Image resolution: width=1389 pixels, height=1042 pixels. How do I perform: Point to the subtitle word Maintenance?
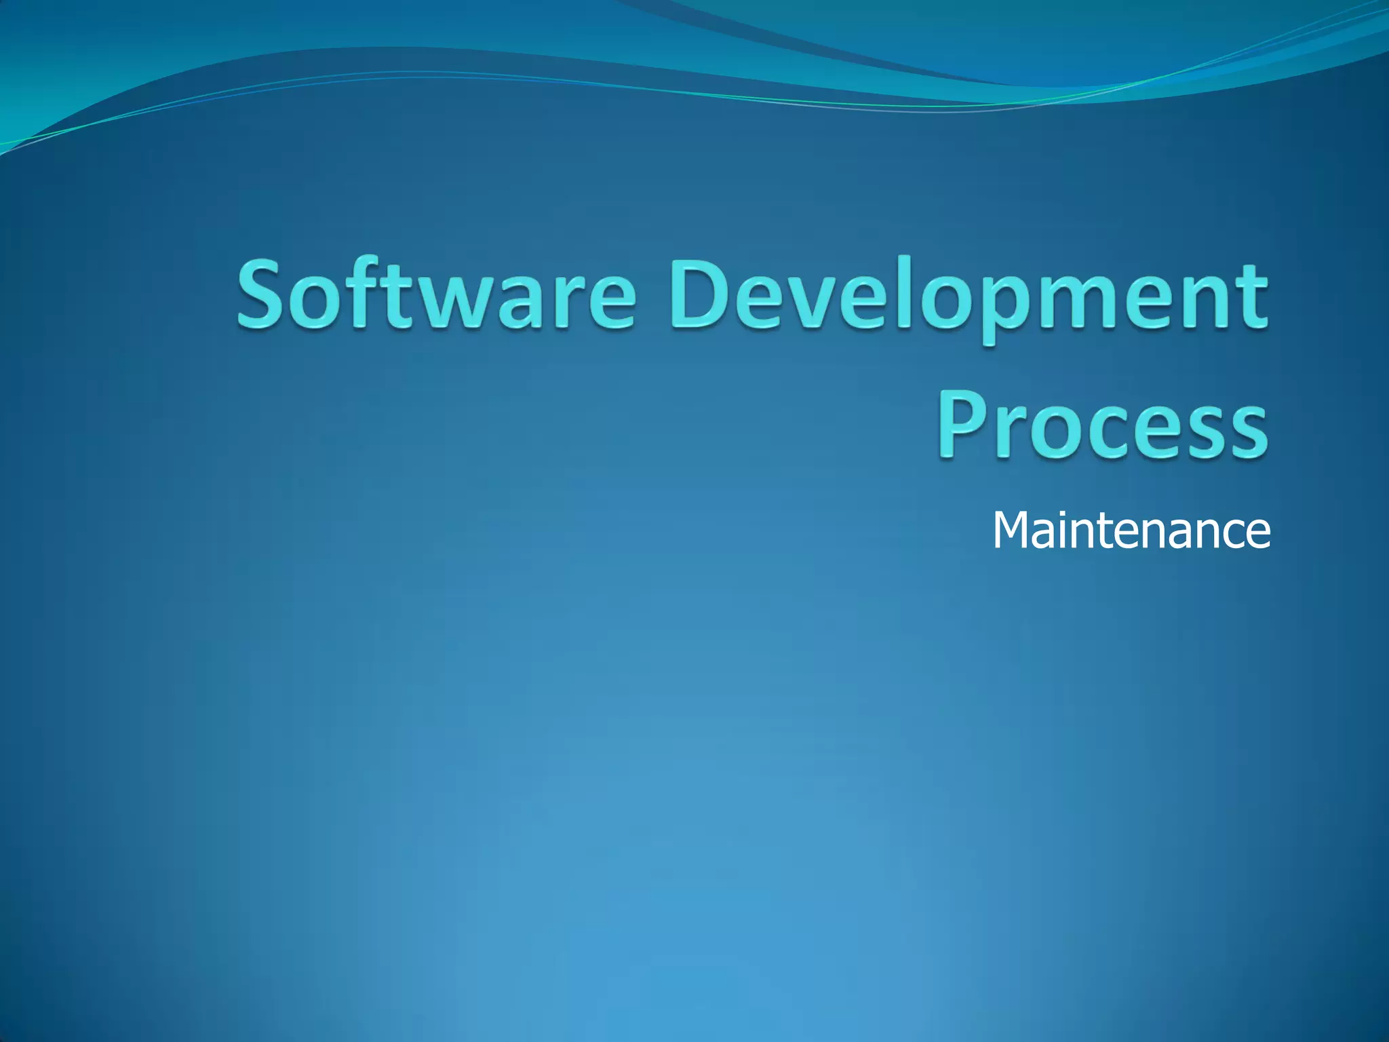(1131, 530)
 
